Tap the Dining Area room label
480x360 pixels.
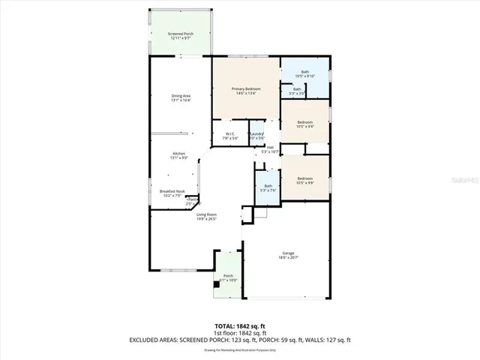(x=181, y=97)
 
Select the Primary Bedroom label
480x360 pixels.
(x=245, y=91)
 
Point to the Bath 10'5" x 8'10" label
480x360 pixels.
(x=305, y=73)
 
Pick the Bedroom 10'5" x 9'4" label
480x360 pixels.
(x=305, y=124)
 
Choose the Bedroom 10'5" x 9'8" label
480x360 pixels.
(x=305, y=180)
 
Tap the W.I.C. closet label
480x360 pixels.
(x=231, y=136)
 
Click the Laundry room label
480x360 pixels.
(x=257, y=136)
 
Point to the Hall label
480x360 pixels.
(x=270, y=149)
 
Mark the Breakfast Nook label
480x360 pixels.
(x=172, y=193)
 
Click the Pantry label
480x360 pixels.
(x=193, y=201)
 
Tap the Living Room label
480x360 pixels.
(x=207, y=217)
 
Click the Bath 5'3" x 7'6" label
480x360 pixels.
(x=268, y=187)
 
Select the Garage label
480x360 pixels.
(x=289, y=255)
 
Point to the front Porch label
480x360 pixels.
(x=228, y=278)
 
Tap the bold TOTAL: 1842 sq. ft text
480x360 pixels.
(x=240, y=326)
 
